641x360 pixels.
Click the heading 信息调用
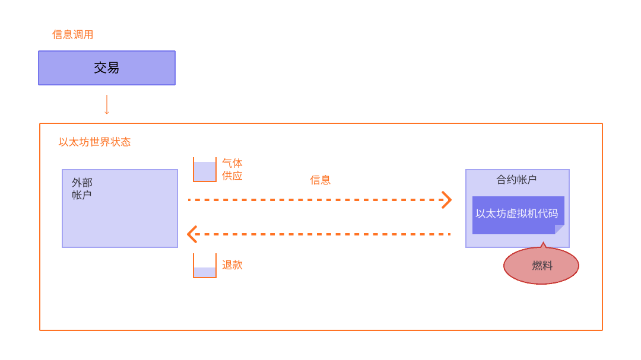tap(72, 34)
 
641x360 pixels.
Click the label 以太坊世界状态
tap(94, 142)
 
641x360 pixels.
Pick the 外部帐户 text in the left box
tap(82, 189)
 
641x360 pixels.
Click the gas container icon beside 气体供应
tap(205, 170)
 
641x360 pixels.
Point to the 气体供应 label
tap(232, 170)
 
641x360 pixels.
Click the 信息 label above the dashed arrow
tap(320, 180)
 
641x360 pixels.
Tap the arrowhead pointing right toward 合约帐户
tap(447, 200)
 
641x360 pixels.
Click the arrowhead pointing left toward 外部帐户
tap(192, 234)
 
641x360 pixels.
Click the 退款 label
tap(232, 265)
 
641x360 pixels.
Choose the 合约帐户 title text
tap(516, 179)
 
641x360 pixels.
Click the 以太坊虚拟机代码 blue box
tap(517, 214)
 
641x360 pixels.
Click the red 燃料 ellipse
tap(541, 266)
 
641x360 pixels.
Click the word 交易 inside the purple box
tap(107, 68)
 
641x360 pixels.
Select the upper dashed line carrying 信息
tap(315, 200)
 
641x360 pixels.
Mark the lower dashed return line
tap(320, 234)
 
